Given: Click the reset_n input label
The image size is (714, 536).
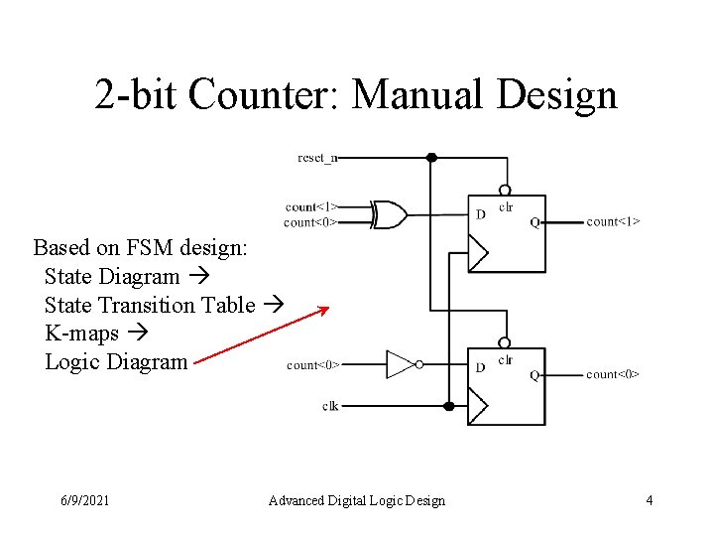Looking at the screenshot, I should [317, 157].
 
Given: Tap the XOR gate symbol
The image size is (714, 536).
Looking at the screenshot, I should [389, 214].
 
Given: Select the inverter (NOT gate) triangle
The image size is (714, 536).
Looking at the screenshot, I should [400, 364].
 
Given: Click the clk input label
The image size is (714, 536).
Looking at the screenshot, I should [330, 406].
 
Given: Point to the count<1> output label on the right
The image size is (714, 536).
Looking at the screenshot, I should [613, 221].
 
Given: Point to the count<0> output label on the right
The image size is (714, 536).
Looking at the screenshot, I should [613, 374].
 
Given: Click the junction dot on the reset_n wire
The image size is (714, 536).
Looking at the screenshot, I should [431, 157].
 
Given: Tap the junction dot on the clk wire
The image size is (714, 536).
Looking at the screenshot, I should [448, 406].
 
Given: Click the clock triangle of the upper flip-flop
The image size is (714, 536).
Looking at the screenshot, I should [478, 253].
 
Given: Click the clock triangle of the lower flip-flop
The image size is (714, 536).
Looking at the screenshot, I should [478, 406].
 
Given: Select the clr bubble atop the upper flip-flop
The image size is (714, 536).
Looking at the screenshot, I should [505, 190].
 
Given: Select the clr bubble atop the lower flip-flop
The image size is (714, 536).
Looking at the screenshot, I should [505, 342].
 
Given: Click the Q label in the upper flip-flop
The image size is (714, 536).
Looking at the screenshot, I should [535, 222].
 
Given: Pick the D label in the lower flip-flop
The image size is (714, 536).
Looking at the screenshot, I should [481, 368].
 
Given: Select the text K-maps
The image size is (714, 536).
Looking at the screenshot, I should [81, 334].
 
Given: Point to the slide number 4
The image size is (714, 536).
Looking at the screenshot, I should [650, 500].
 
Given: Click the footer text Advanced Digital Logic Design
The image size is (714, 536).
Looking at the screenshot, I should [357, 500].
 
